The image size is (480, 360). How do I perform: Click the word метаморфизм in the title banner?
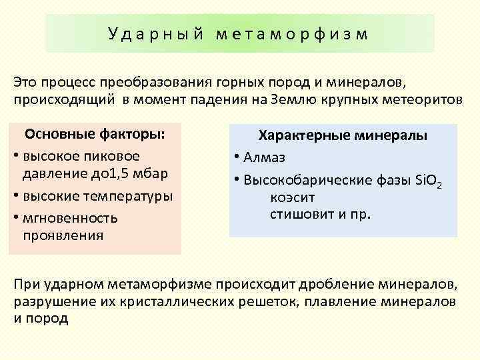pos(291,33)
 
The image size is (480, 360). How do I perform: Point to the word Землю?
pos(301,99)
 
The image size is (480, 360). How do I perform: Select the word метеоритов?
pos(409,99)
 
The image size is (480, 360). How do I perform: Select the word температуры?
pos(125,196)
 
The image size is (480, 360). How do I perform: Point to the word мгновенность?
pos(70,217)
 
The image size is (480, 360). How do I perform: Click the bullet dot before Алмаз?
pos(237,158)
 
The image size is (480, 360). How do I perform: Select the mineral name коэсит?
pos(293,197)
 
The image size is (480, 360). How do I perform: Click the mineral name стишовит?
pos(301,215)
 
